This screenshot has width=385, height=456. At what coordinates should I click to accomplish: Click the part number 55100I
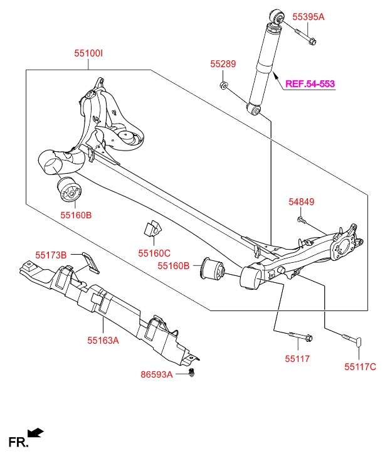[88, 55]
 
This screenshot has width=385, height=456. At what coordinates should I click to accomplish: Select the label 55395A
[309, 17]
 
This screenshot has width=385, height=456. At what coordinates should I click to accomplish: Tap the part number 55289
[223, 63]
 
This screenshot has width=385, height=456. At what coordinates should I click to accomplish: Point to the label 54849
[301, 202]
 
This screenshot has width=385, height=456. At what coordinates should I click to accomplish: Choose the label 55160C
[154, 253]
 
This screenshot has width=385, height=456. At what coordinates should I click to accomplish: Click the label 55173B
[51, 255]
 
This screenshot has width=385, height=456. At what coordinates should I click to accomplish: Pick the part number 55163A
[103, 341]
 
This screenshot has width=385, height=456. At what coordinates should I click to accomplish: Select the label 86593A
[156, 375]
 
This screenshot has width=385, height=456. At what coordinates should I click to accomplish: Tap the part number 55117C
[360, 366]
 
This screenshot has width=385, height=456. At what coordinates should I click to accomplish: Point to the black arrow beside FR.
[36, 432]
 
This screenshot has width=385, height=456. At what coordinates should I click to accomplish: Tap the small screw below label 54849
[301, 220]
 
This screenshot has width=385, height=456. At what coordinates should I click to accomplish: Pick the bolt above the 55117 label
[300, 338]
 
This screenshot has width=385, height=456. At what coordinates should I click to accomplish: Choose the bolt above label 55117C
[351, 340]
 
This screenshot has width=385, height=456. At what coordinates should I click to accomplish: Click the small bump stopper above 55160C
[152, 230]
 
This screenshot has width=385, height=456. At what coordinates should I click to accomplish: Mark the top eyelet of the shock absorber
[277, 14]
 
